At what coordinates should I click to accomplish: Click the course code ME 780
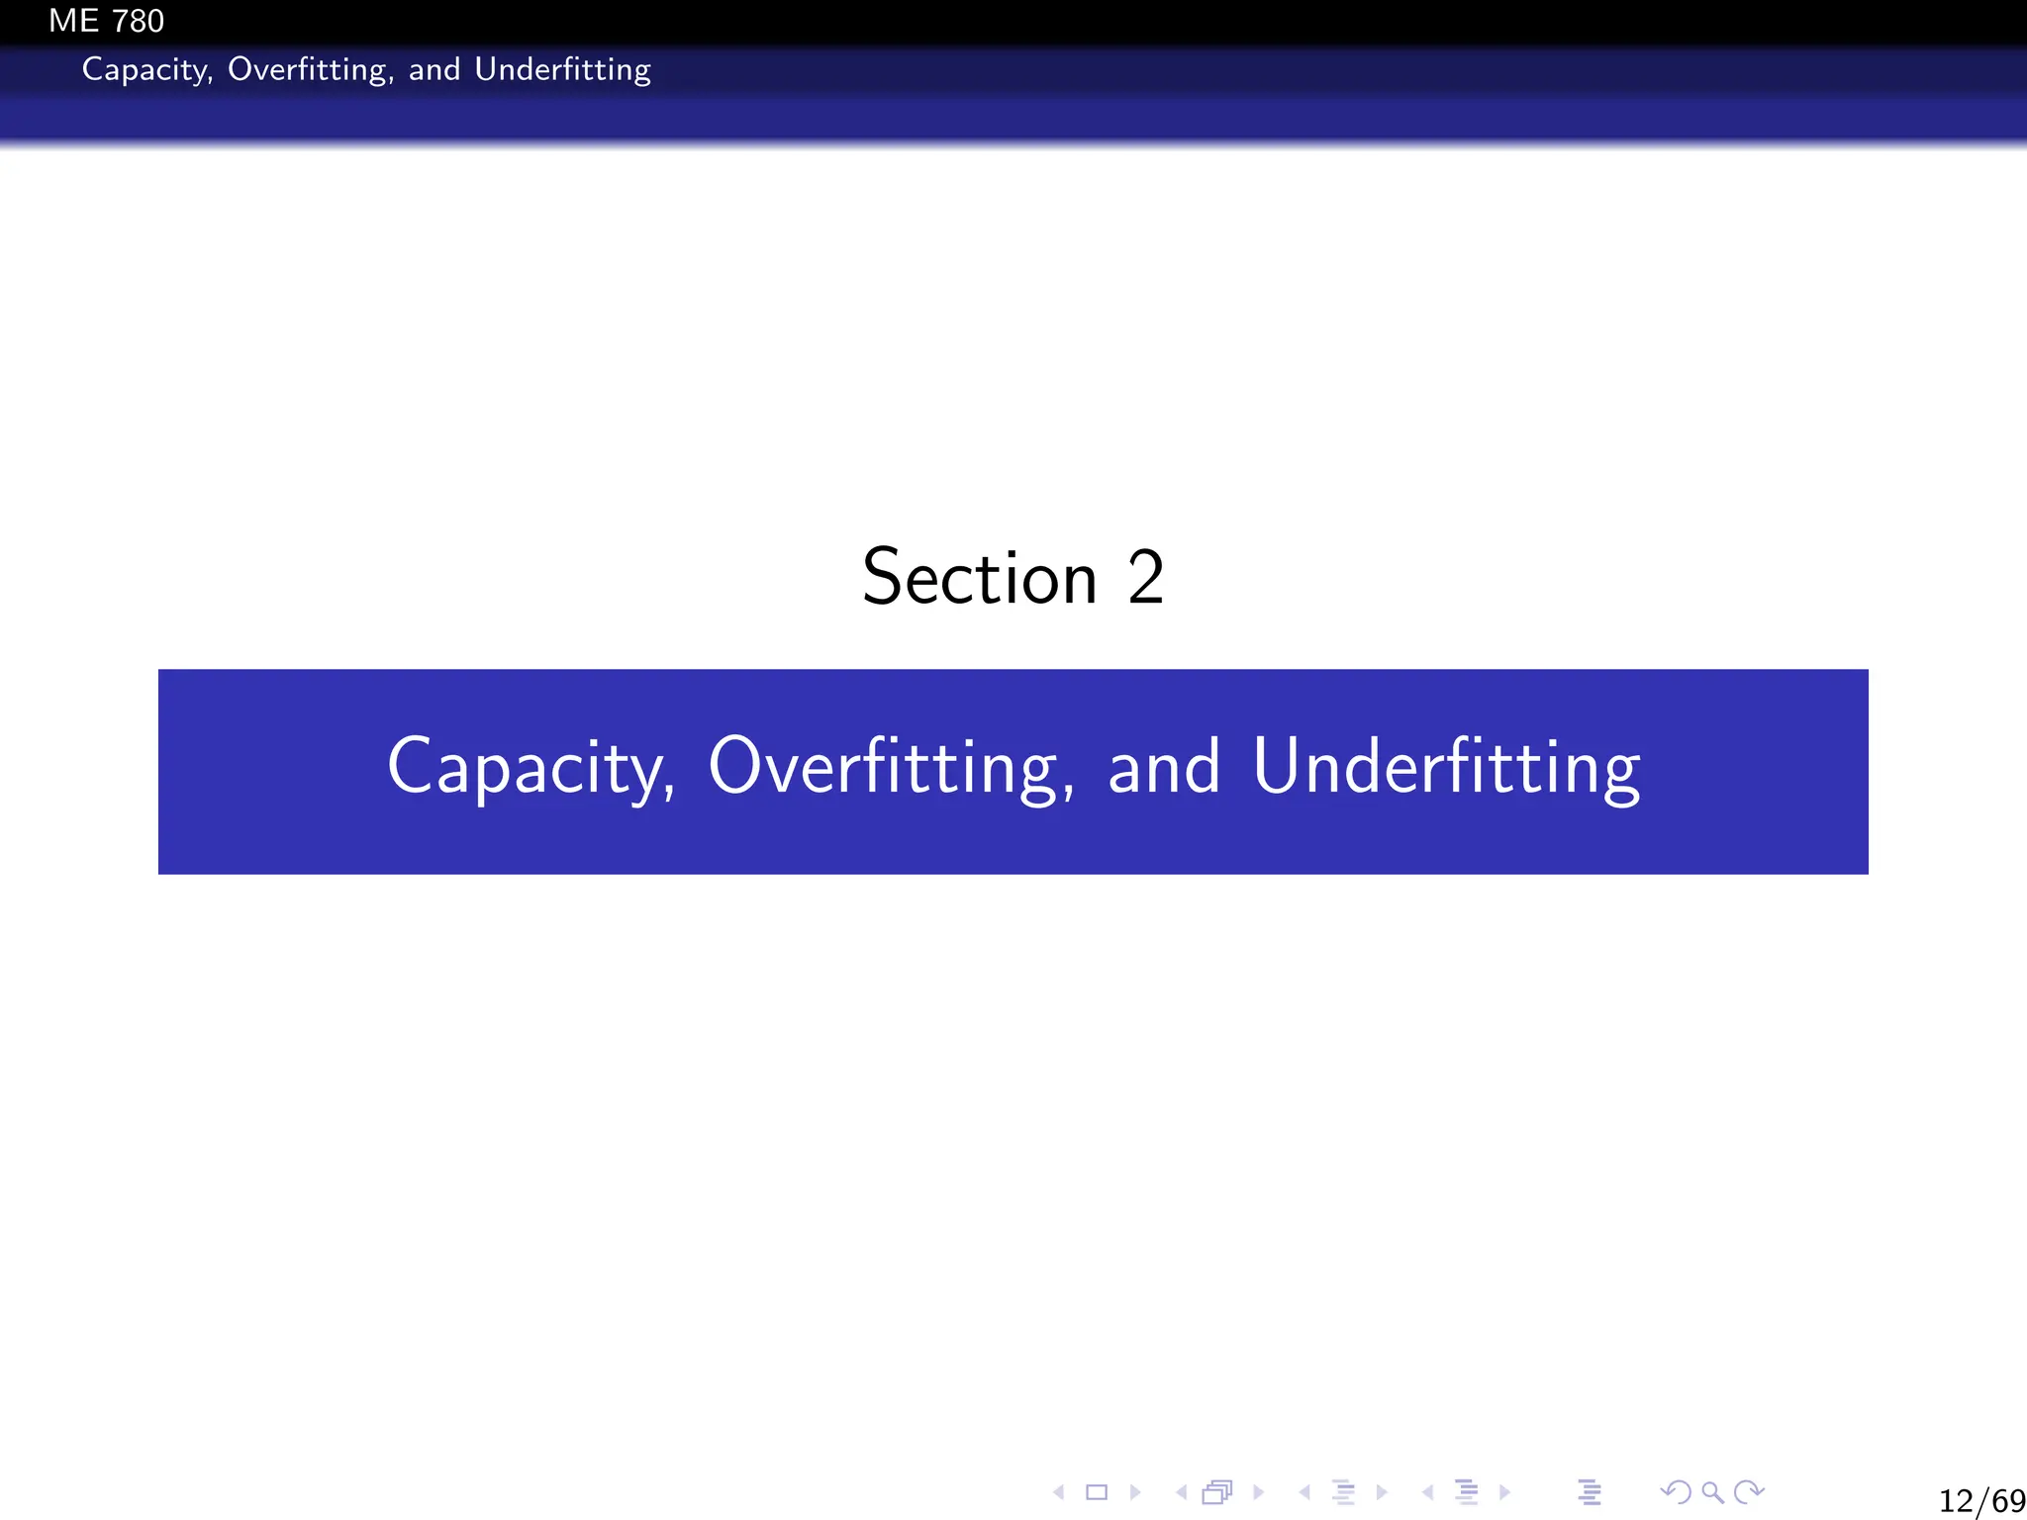[106, 21]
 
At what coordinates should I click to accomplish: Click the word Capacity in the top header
[145, 70]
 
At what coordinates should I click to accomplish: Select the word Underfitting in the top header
[562, 70]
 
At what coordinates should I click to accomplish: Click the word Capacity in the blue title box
[531, 767]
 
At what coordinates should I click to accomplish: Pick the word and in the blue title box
[1164, 767]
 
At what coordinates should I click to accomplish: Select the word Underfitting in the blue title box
[1446, 767]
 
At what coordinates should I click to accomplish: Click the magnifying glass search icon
[1712, 1492]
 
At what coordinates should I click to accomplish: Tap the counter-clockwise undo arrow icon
[1676, 1491]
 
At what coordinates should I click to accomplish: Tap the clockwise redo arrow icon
[1750, 1491]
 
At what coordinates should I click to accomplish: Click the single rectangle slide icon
[1097, 1492]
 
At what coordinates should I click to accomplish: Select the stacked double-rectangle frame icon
[1217, 1492]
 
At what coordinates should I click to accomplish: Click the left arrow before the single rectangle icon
[1059, 1492]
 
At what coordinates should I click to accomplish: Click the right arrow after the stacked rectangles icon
[1259, 1492]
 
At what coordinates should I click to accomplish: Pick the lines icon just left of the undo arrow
[1590, 1492]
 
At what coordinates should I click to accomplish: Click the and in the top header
[434, 70]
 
